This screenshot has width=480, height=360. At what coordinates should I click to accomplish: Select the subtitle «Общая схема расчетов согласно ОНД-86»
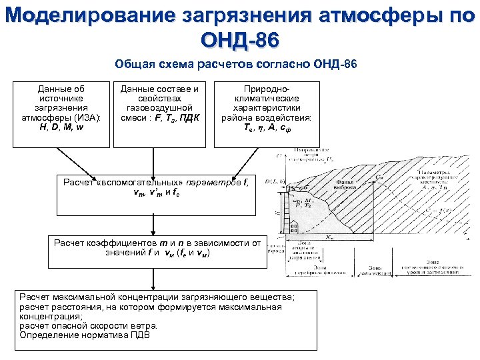coord(236,65)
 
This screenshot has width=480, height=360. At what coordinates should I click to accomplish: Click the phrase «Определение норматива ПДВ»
coord(85,335)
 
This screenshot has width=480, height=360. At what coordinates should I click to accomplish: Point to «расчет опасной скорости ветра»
coord(89,326)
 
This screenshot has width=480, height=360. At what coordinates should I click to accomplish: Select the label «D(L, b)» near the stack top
coord(274,181)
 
